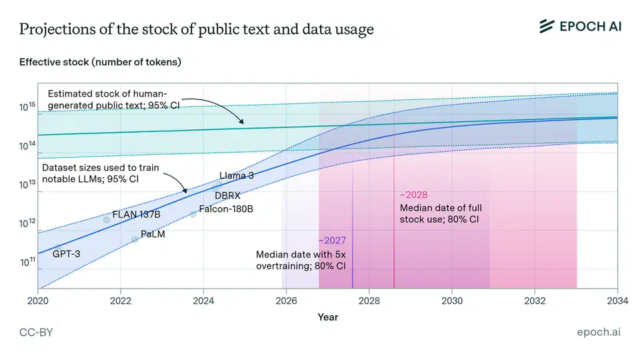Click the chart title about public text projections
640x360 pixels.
pos(196,29)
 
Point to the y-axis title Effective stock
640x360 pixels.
pos(100,62)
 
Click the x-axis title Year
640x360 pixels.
pos(327,317)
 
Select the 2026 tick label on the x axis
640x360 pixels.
pos(286,300)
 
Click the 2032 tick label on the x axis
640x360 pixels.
pos(535,300)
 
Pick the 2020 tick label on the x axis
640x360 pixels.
pos(38,300)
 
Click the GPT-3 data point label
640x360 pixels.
pos(66,254)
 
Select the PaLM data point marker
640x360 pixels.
pos(135,239)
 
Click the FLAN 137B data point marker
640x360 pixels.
pos(107,219)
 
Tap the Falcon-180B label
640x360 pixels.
pos(226,209)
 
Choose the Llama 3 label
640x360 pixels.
pos(237,176)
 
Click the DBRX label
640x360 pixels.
pos(227,195)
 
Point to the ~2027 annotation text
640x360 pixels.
pos(331,241)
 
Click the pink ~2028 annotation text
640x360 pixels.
pos(413,195)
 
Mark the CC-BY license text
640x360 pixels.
pos(37,332)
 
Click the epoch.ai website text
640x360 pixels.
pos(598,332)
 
